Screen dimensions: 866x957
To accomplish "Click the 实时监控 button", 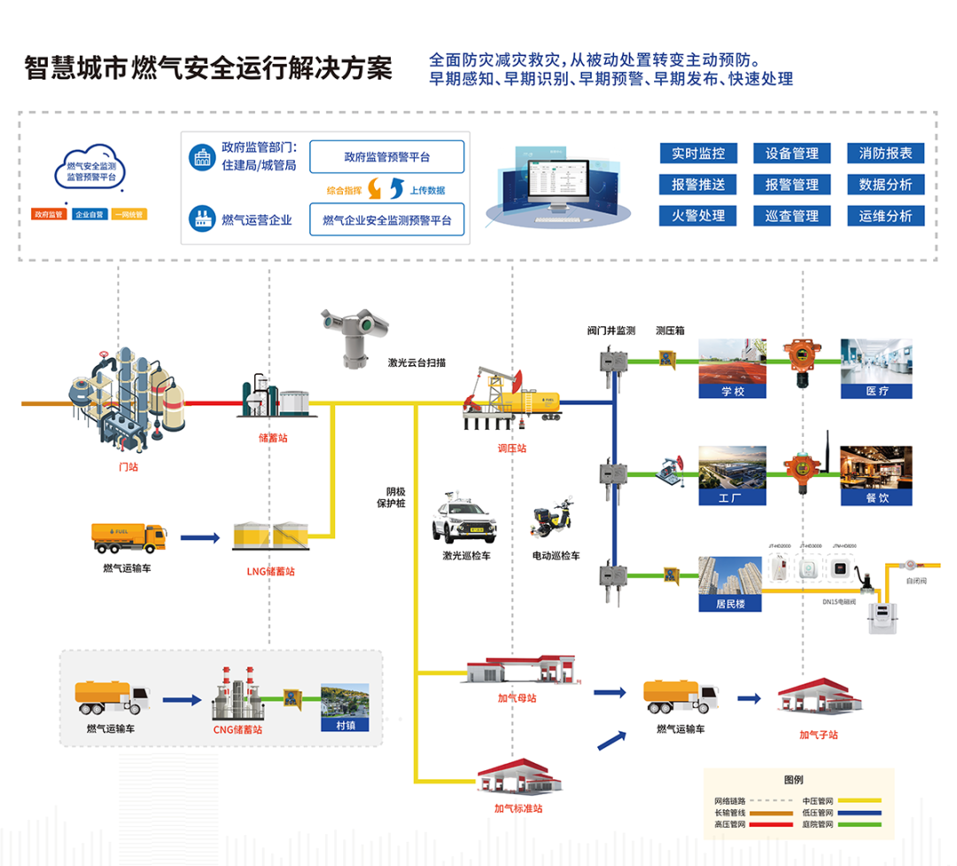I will [x=698, y=153].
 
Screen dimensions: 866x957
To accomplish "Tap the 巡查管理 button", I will [x=791, y=215].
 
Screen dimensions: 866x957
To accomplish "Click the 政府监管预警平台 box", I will [x=386, y=157].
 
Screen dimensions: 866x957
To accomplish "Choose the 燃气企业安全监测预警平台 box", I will [x=386, y=220].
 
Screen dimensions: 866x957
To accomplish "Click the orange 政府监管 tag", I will [x=48, y=215].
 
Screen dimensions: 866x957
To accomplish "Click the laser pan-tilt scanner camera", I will [x=354, y=334].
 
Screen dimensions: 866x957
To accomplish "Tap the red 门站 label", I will [x=128, y=466].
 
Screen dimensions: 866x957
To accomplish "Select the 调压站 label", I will [x=511, y=449].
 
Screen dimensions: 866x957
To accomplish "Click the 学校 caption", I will [x=732, y=391].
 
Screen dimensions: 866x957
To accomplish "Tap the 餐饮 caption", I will [x=876, y=497].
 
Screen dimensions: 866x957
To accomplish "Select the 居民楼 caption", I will [x=731, y=605].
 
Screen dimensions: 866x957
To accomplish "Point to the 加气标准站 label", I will [x=518, y=807].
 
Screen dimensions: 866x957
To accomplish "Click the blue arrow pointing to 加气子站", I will [x=749, y=698].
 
